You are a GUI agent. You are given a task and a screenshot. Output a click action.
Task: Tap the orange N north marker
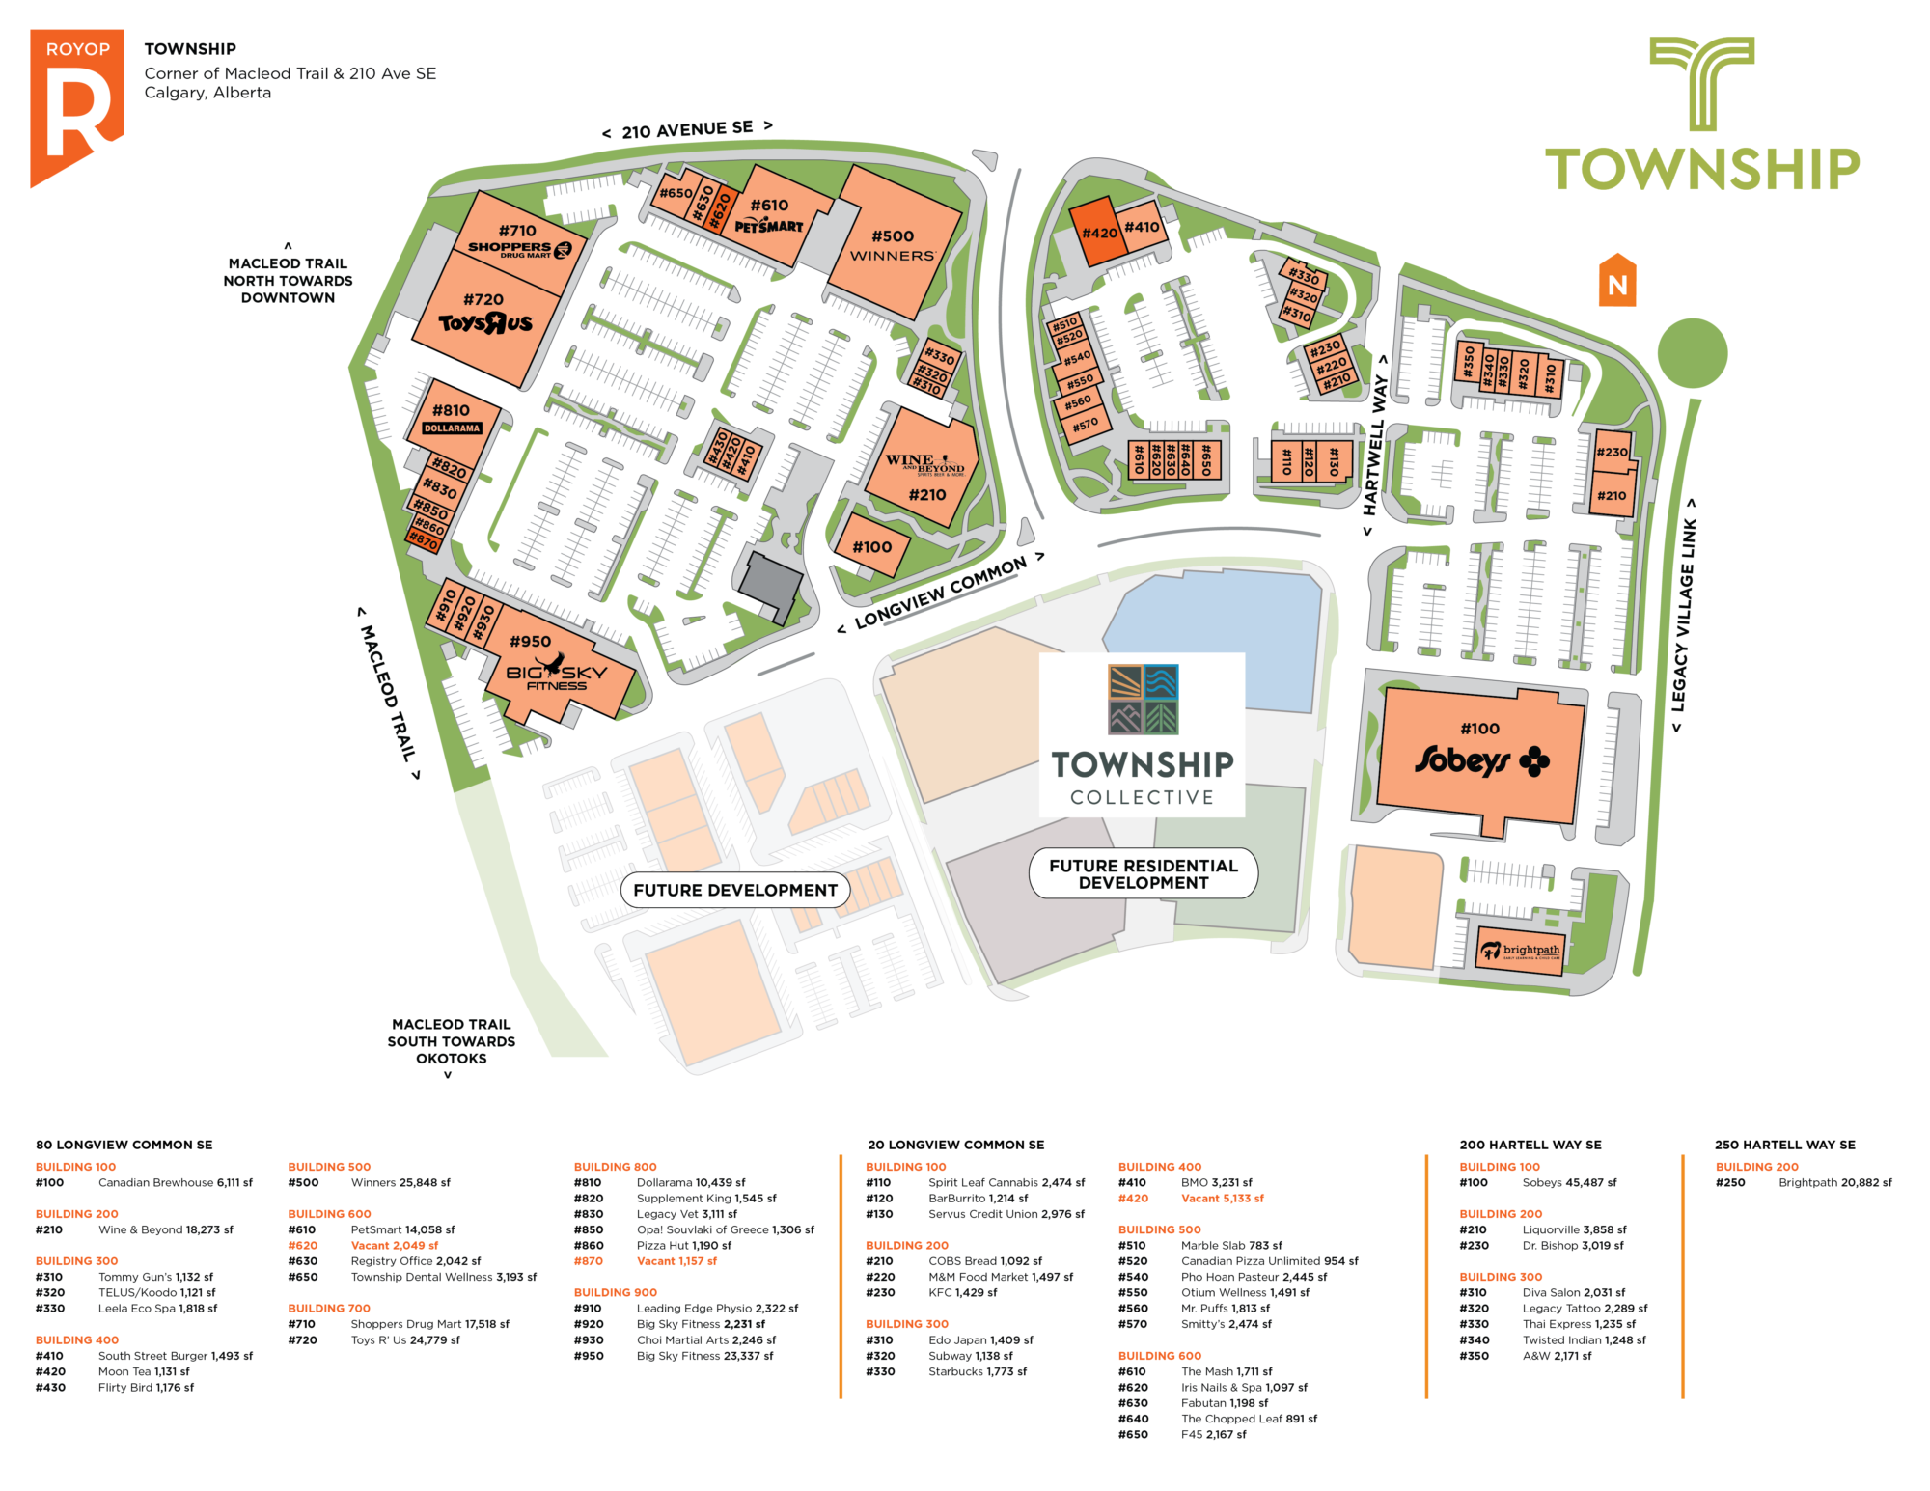(x=1617, y=281)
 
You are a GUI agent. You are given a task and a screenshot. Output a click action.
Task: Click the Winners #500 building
(x=894, y=245)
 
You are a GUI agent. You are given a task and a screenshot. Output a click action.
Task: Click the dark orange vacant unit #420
(x=1098, y=233)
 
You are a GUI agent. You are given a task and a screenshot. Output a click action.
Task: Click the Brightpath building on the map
(x=1521, y=951)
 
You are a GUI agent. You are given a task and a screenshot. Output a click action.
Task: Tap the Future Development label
(x=735, y=890)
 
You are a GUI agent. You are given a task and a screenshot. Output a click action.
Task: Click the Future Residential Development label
(x=1144, y=873)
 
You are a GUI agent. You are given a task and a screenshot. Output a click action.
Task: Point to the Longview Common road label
(x=941, y=593)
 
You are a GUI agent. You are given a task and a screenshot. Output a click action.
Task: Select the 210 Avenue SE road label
(x=687, y=129)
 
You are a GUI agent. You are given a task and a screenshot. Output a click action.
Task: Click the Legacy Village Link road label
(x=1684, y=615)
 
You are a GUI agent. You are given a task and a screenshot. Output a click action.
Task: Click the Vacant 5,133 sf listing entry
(x=1222, y=1198)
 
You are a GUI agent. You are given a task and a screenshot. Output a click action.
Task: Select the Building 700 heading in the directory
(x=329, y=1308)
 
